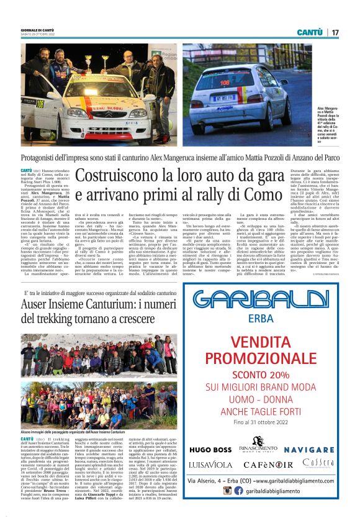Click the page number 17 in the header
[x=335, y=32]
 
